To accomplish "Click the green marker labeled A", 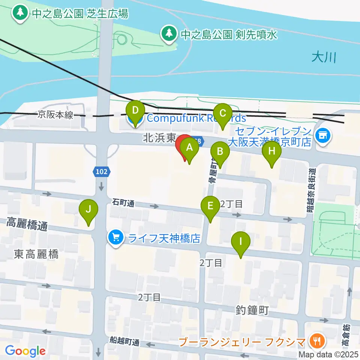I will tap(190, 147).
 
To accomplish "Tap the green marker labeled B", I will tap(220, 151).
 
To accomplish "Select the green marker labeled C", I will tap(223, 113).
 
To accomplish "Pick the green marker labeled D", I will tap(135, 111).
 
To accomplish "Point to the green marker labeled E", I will tap(210, 205).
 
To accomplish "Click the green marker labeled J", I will tap(88, 209).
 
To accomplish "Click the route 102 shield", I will tap(102, 172).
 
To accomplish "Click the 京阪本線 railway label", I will tap(55, 115).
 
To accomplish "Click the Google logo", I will tap(25, 351).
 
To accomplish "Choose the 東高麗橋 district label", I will tap(36, 255).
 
